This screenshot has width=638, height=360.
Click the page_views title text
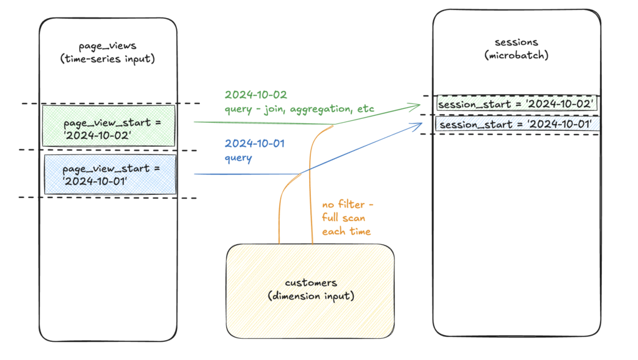pos(107,46)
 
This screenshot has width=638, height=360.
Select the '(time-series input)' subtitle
pos(107,59)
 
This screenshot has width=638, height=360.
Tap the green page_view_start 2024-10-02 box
pos(108,126)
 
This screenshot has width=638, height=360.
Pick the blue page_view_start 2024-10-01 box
pos(110,174)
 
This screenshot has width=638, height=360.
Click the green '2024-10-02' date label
pos(256,95)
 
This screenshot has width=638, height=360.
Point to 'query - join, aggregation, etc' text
pos(299,109)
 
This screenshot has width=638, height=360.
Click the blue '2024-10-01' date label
pos(255,144)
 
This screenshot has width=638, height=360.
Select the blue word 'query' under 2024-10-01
pos(239,158)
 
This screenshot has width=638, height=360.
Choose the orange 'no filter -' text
pos(348,204)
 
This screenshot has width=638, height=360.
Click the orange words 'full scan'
pos(343,217)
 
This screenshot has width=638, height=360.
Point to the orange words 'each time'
pos(346,232)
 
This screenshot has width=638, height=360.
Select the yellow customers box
pos(310,291)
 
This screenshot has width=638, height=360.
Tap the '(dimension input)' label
pos(312,296)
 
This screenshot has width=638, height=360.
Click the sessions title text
pos(517,42)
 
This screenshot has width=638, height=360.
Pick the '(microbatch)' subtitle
pos(517,55)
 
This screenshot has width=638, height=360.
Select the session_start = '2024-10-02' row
pos(517,103)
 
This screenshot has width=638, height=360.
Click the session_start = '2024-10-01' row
pos(518,124)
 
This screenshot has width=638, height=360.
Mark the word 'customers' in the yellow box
pos(311,283)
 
